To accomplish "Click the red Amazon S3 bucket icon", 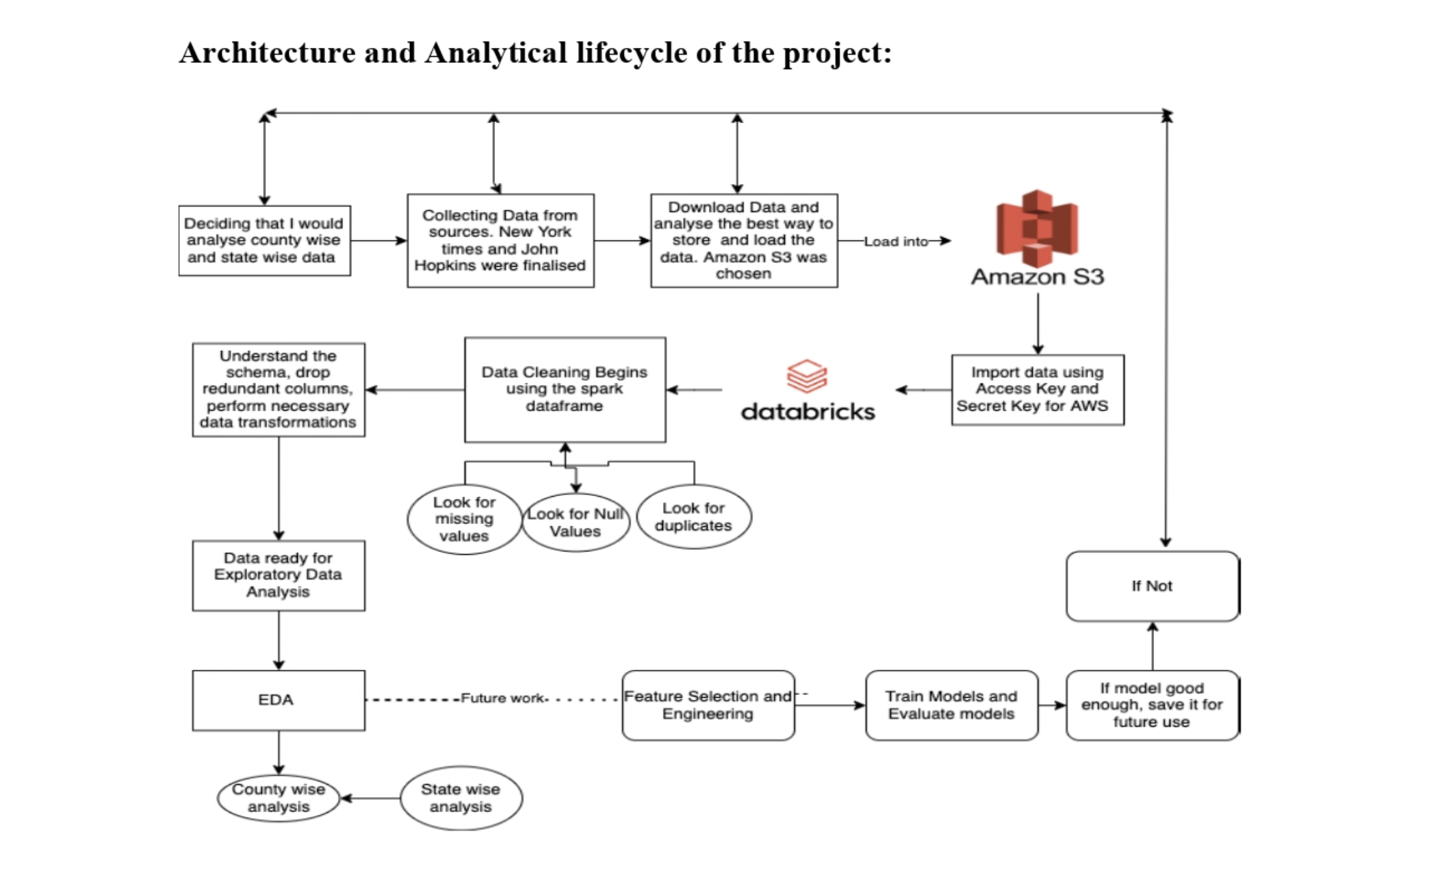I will pyautogui.click(x=1037, y=229).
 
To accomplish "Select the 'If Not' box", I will pyautogui.click(x=1152, y=586).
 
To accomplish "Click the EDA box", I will pyautogui.click(x=278, y=700).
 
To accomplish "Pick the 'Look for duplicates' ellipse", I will pyautogui.click(x=693, y=517).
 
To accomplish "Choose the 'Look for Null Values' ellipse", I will pyautogui.click(x=576, y=523).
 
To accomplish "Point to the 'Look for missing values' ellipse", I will pyautogui.click(x=464, y=519).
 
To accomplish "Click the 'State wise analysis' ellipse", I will pyautogui.click(x=461, y=798).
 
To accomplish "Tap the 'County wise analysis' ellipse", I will pyautogui.click(x=278, y=798).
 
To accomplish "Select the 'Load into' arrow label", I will pyautogui.click(x=895, y=242).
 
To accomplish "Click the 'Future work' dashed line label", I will pyautogui.click(x=502, y=698).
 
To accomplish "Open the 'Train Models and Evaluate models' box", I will pyautogui.click(x=951, y=705).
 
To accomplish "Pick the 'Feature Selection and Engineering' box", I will pyautogui.click(x=708, y=705).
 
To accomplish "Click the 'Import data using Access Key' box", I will pyautogui.click(x=1037, y=389).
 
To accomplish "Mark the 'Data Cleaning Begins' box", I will pyautogui.click(x=565, y=389).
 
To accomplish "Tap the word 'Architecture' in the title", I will pyautogui.click(x=267, y=53).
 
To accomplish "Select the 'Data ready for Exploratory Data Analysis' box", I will pyautogui.click(x=278, y=575).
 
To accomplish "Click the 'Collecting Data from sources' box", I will pyautogui.click(x=500, y=240).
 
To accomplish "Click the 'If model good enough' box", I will pyautogui.click(x=1152, y=705).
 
